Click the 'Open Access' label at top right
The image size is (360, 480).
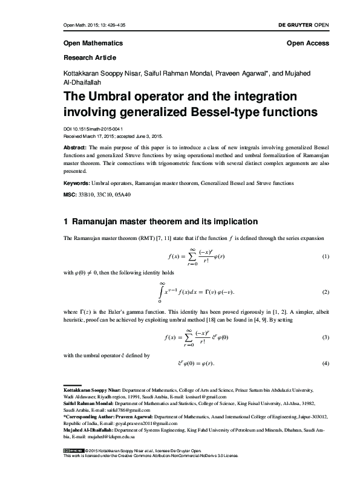click(307, 44)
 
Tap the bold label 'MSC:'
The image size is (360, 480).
click(70, 195)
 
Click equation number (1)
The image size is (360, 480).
click(325, 257)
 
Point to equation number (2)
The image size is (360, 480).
click(325, 292)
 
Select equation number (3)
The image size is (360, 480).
click(325, 336)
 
